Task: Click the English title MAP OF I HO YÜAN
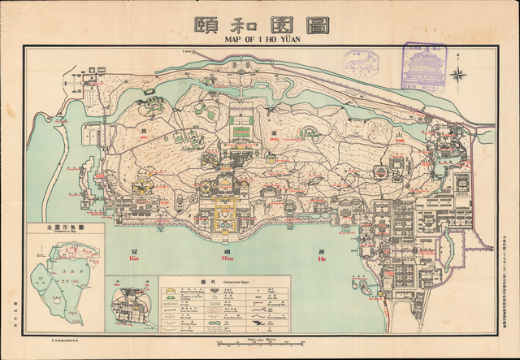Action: pos(260,38)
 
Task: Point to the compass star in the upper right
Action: pos(457,77)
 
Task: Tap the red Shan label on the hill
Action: pos(400,141)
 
